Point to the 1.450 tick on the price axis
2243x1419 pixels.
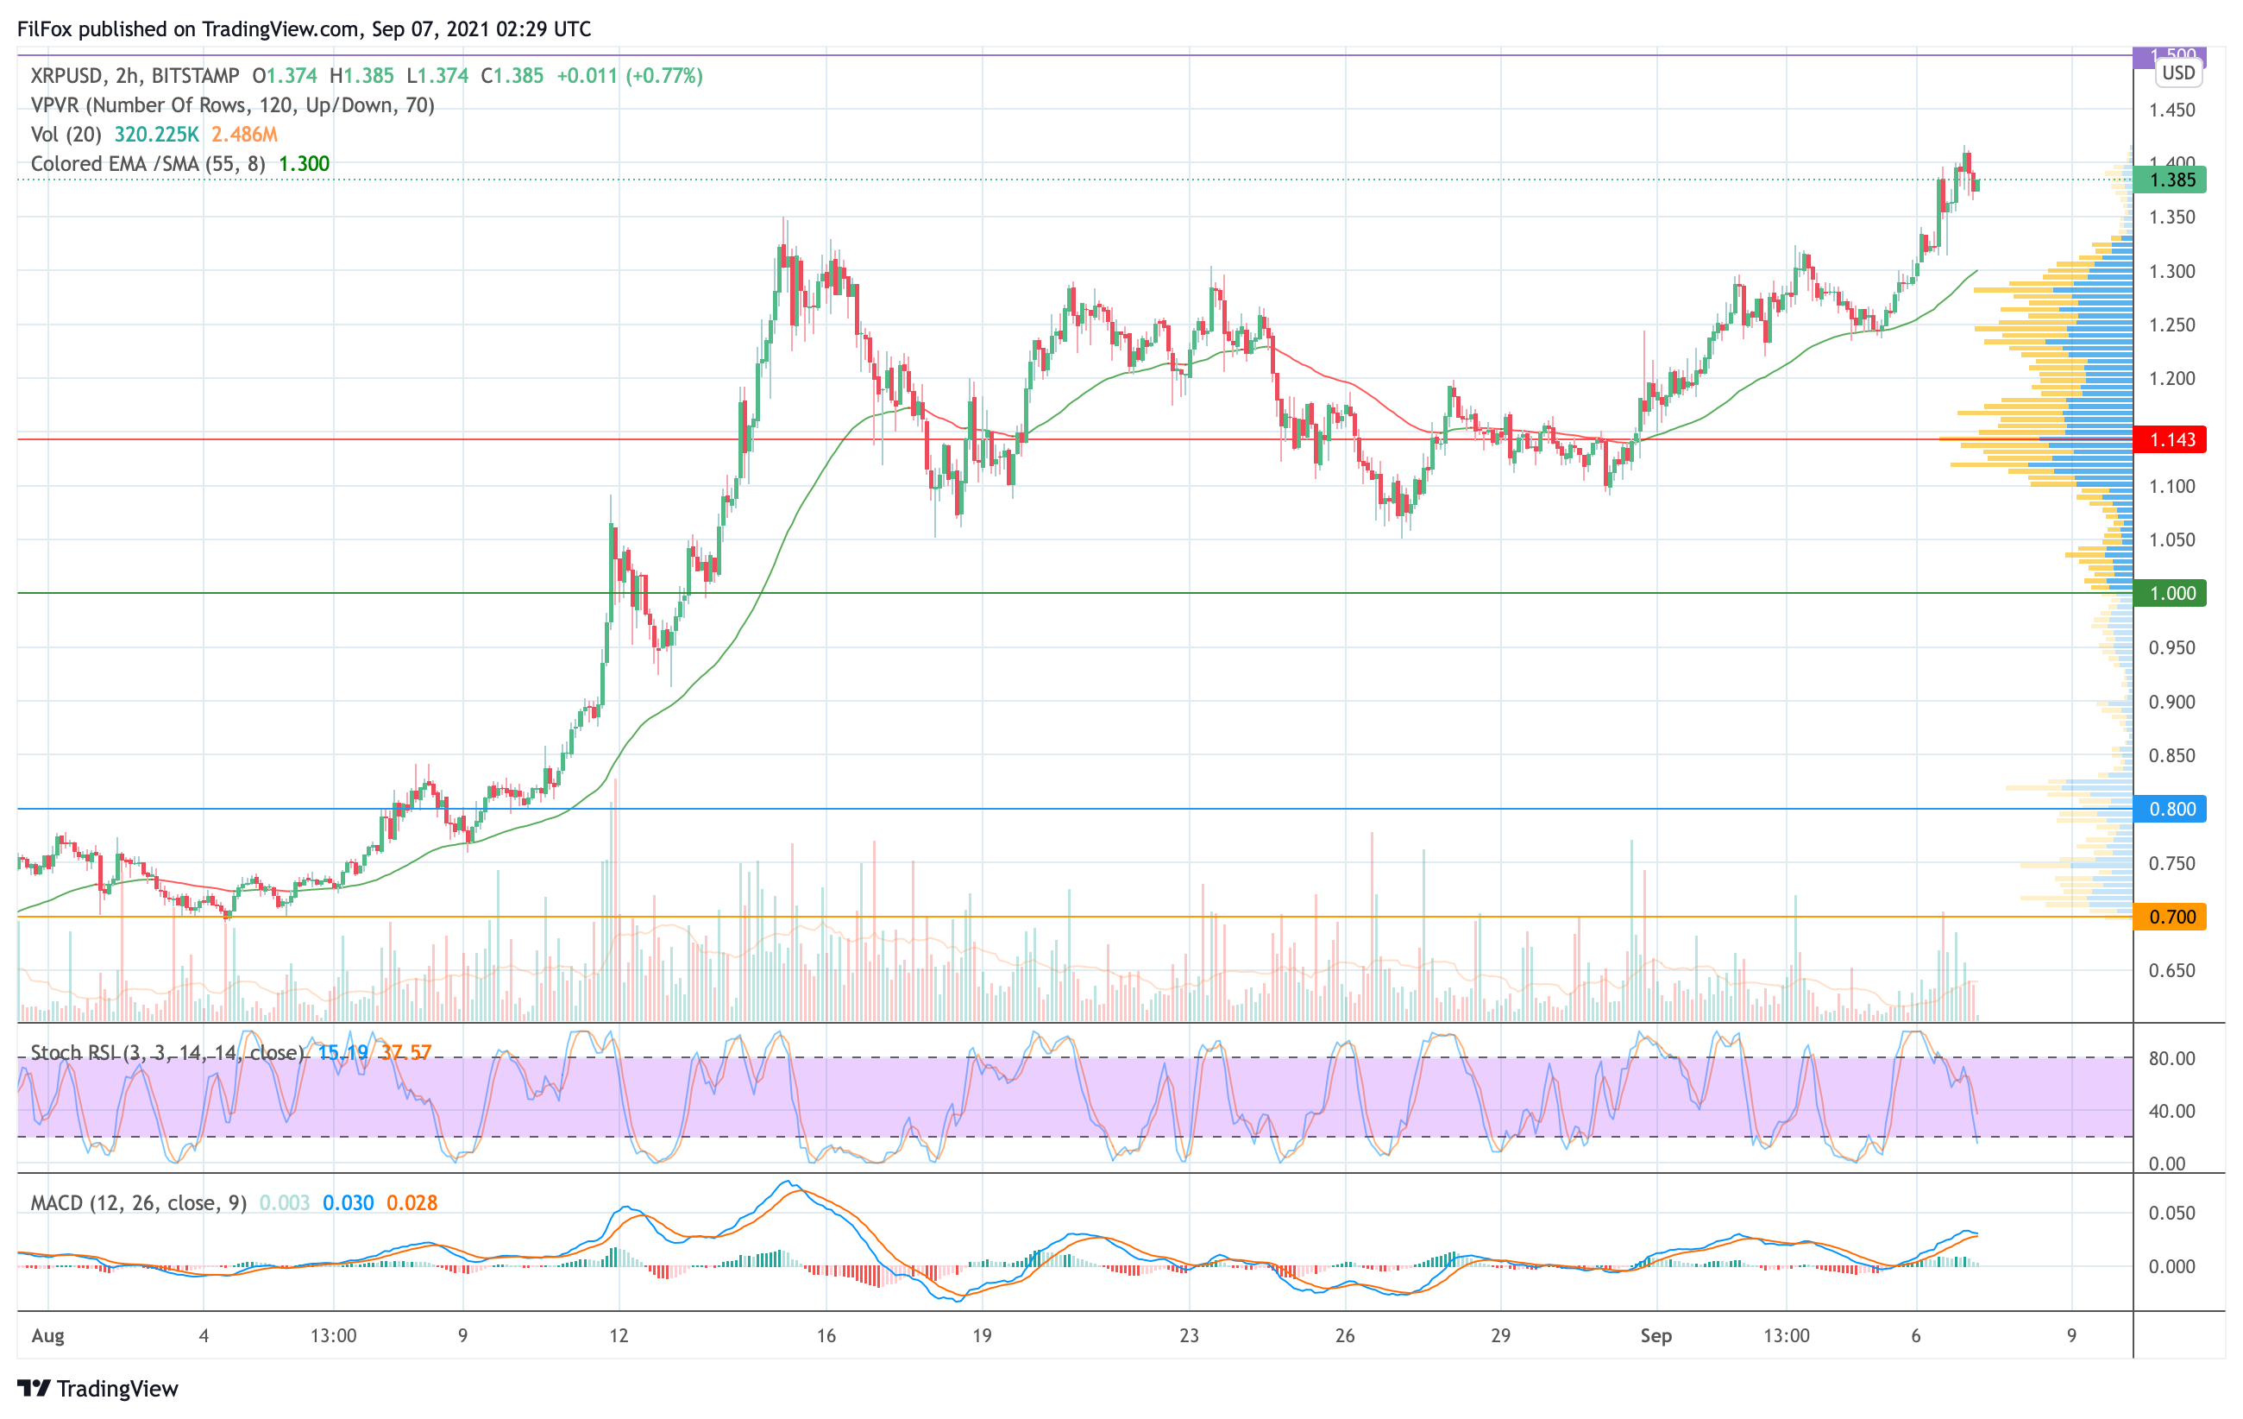point(2171,110)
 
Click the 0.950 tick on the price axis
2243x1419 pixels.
point(2171,647)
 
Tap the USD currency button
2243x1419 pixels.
point(2177,73)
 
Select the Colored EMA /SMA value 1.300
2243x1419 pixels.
point(305,164)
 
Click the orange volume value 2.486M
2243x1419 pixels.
point(244,134)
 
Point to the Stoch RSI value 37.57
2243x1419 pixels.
point(405,1053)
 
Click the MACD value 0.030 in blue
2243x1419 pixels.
point(348,1203)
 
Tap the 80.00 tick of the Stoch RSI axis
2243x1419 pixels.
point(2171,1058)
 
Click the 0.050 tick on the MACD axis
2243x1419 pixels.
point(2171,1213)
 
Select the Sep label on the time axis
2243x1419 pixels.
point(1656,1335)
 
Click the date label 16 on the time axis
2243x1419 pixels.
point(826,1335)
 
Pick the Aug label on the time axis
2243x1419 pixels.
point(47,1335)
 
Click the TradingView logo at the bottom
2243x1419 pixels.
point(97,1388)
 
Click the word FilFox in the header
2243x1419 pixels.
point(45,28)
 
